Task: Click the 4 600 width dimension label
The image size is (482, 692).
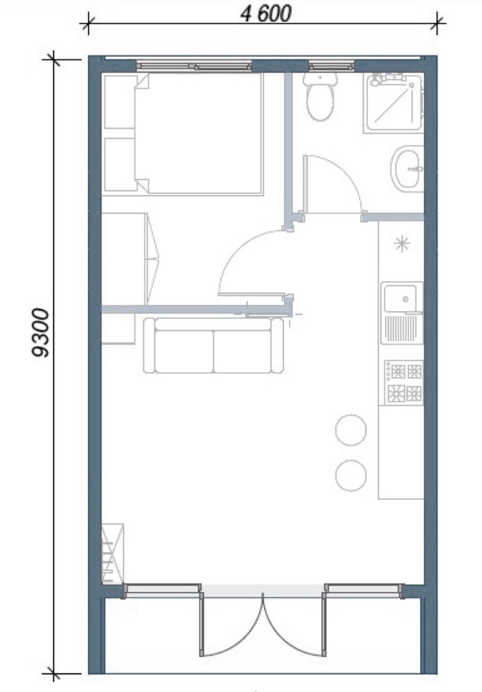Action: [266, 14]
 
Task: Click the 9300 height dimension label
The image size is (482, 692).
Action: [41, 332]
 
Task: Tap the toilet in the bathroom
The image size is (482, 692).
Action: [320, 96]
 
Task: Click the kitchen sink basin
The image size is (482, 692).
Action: [400, 298]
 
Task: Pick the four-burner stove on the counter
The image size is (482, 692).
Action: [403, 383]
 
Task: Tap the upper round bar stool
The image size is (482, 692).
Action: [351, 430]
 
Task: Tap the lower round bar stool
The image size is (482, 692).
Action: [351, 476]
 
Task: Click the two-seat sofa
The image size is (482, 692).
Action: [213, 346]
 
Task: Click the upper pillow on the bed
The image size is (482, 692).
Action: [120, 102]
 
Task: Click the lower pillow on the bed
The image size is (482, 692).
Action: [120, 165]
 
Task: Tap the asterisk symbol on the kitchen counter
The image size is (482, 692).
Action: [402, 244]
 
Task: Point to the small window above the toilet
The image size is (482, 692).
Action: [332, 66]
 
